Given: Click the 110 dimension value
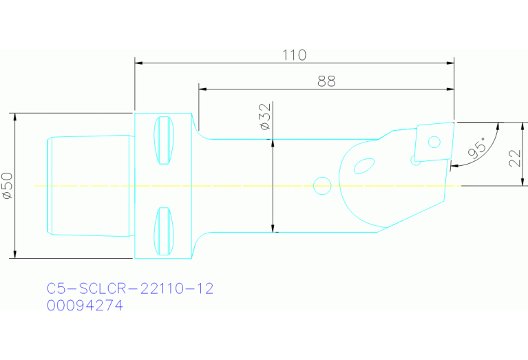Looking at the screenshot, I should coord(294,55).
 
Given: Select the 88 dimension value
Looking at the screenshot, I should coord(326,81).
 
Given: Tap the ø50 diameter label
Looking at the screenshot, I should coord(8,186).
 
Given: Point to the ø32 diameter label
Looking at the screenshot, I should coord(264,118).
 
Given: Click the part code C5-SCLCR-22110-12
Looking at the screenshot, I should coord(130,288).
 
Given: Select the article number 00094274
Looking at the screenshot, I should coord(85,306).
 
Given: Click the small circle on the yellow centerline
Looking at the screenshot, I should coord(321,185).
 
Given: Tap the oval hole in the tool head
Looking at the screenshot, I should coord(363,167).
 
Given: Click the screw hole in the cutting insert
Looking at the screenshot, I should coord(434,142).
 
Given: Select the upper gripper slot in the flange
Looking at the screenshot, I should coord(164,141).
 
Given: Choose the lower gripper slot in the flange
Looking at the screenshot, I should coord(164,231).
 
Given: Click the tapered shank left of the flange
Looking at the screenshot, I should coord(89,186).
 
